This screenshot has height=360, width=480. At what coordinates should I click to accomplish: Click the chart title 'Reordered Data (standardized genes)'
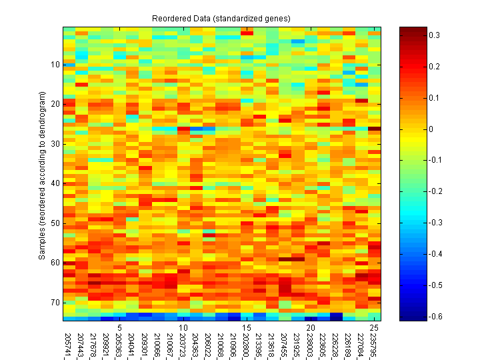point(221,17)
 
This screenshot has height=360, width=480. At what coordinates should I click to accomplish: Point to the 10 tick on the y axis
point(54,65)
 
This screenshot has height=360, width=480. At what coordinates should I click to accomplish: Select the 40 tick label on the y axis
point(54,183)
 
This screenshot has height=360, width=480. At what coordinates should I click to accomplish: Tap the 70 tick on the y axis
point(54,303)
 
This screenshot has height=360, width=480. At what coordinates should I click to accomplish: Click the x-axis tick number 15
point(247,328)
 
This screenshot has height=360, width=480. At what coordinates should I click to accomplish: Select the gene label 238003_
point(310,344)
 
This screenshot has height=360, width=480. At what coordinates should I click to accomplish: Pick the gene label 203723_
point(183,344)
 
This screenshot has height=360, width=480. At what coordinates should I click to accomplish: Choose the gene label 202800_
point(247,344)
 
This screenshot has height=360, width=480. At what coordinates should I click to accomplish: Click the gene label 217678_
point(94,344)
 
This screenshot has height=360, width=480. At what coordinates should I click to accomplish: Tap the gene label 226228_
point(335,344)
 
